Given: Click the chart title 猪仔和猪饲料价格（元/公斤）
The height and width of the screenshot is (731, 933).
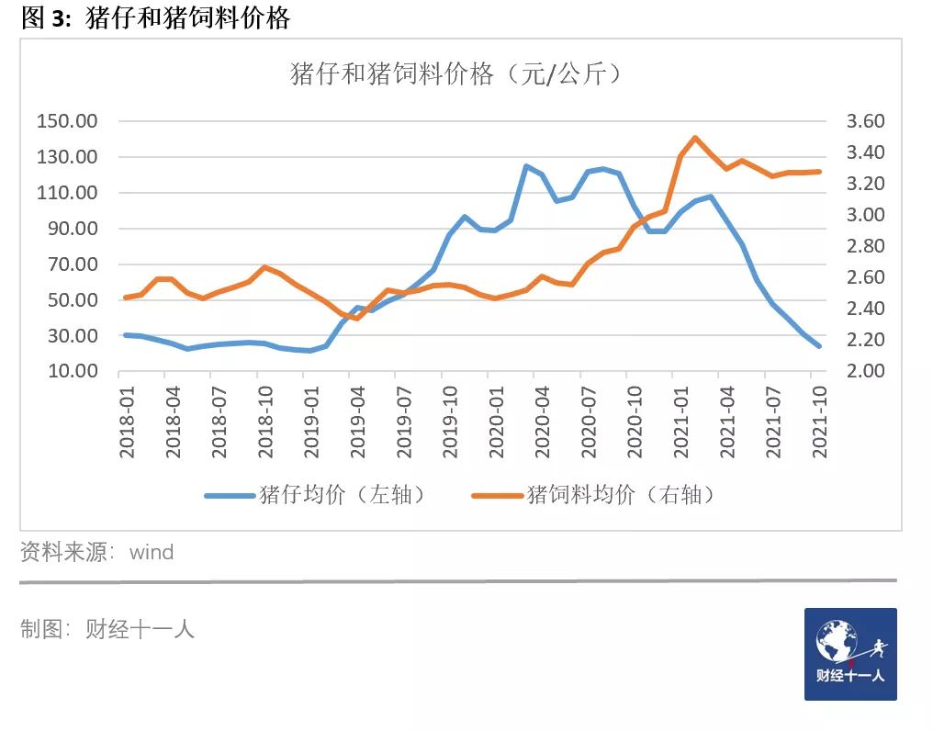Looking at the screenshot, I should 456,73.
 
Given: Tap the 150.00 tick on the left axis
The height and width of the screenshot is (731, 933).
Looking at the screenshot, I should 67,122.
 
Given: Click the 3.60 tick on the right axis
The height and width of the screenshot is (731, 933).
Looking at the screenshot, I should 859,122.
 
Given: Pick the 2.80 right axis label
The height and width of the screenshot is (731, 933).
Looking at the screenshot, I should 859,246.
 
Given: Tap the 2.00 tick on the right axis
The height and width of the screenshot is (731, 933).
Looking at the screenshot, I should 859,372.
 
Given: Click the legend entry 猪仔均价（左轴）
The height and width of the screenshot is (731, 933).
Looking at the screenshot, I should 317,494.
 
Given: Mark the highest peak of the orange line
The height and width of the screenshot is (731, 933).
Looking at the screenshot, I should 695,138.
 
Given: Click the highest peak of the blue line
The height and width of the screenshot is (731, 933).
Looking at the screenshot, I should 526,166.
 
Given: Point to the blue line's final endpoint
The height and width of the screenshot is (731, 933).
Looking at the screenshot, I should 818,346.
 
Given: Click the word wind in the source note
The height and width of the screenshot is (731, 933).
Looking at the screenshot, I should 152,553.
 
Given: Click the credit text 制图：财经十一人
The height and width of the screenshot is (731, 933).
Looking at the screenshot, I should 107,629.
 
